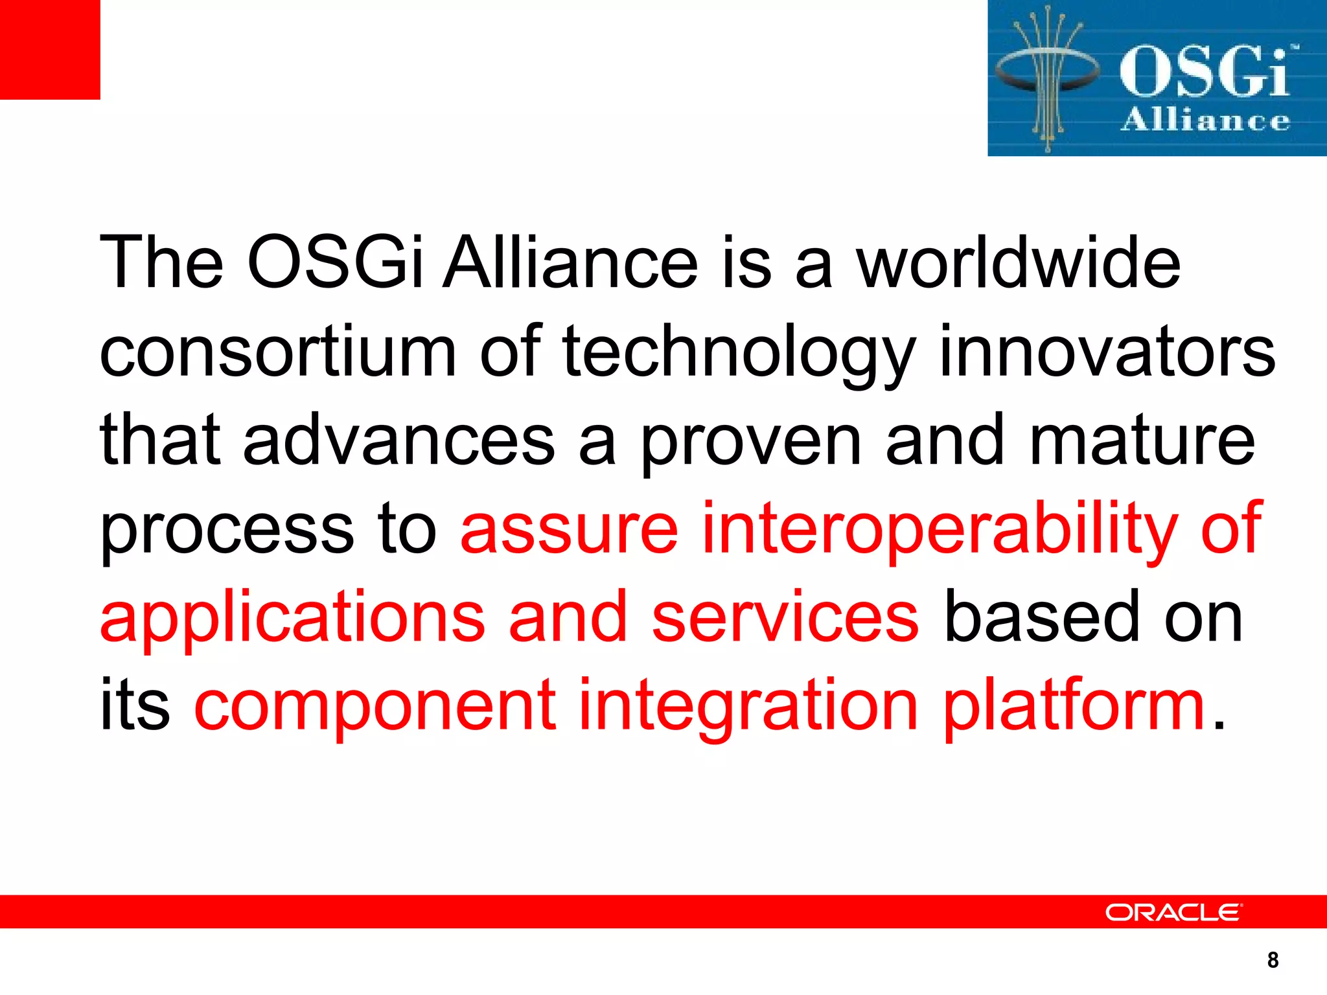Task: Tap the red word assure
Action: [569, 529]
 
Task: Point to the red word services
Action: [785, 617]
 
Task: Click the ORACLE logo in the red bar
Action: [1173, 912]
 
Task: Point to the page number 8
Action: [1273, 960]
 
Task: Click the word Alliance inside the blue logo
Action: [1205, 121]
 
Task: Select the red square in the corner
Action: [50, 50]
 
